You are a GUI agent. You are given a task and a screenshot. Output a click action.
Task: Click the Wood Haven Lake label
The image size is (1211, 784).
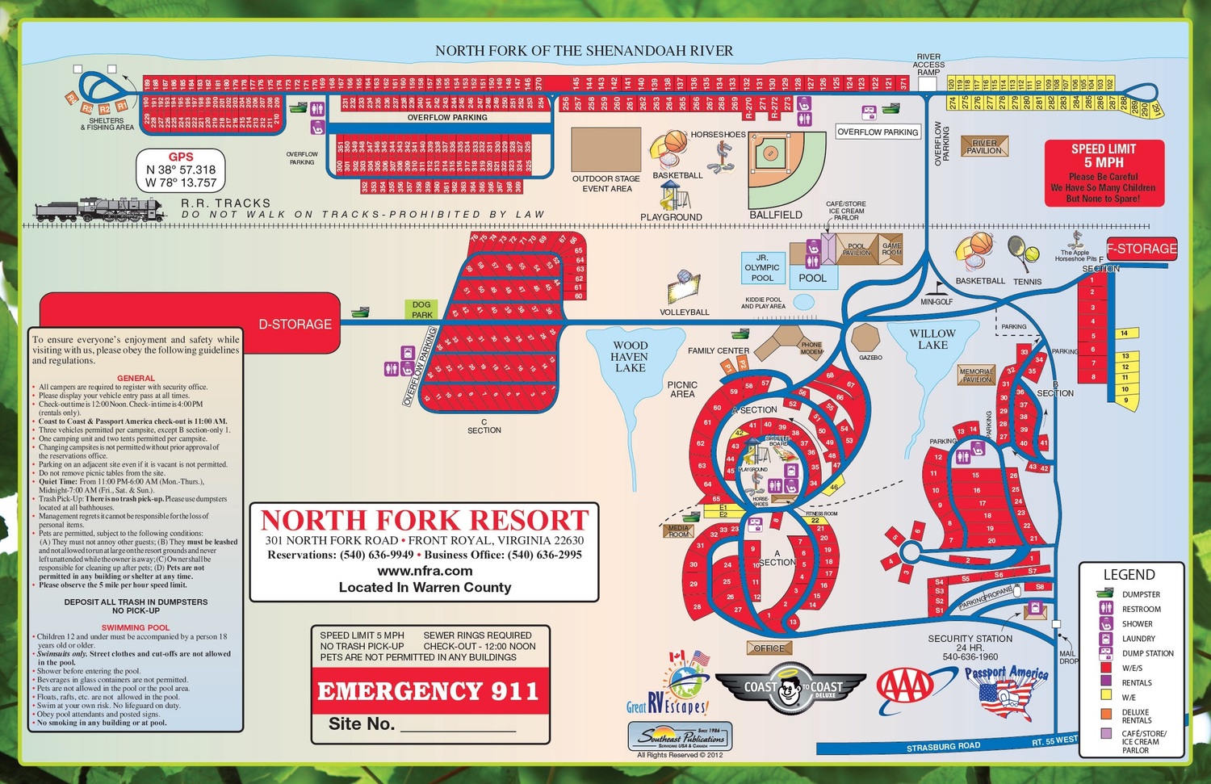(x=630, y=356)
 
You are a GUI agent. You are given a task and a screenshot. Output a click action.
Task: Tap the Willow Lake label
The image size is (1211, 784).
(x=932, y=339)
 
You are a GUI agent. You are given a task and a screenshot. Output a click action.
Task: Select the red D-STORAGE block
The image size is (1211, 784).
(x=190, y=323)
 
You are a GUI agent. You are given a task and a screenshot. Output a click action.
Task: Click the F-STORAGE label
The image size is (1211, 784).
(x=1142, y=249)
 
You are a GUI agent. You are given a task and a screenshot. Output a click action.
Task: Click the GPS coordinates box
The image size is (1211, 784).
(x=181, y=170)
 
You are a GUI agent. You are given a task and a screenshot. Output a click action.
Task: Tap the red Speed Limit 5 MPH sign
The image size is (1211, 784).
(x=1104, y=173)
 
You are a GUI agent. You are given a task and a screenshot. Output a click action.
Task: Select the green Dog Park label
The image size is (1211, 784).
(x=421, y=310)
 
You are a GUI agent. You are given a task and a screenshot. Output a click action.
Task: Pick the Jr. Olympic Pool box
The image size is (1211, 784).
(x=762, y=267)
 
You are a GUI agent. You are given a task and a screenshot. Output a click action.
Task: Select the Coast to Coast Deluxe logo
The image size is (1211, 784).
(x=790, y=688)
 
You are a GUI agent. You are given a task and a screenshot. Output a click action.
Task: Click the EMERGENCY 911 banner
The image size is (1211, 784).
(x=428, y=691)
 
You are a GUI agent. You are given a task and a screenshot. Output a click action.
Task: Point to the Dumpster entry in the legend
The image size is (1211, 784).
(x=1140, y=594)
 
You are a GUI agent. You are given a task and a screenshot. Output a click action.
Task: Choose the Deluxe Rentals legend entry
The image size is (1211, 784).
(x=1135, y=716)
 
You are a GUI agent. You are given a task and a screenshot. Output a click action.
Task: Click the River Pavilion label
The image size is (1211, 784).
(x=984, y=147)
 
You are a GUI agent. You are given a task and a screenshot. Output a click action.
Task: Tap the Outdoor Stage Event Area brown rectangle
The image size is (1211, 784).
(x=605, y=149)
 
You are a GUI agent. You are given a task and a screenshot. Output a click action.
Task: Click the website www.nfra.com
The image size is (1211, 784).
(x=425, y=571)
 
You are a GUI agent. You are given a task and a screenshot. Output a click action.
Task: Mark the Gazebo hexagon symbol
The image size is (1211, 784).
(x=865, y=337)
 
